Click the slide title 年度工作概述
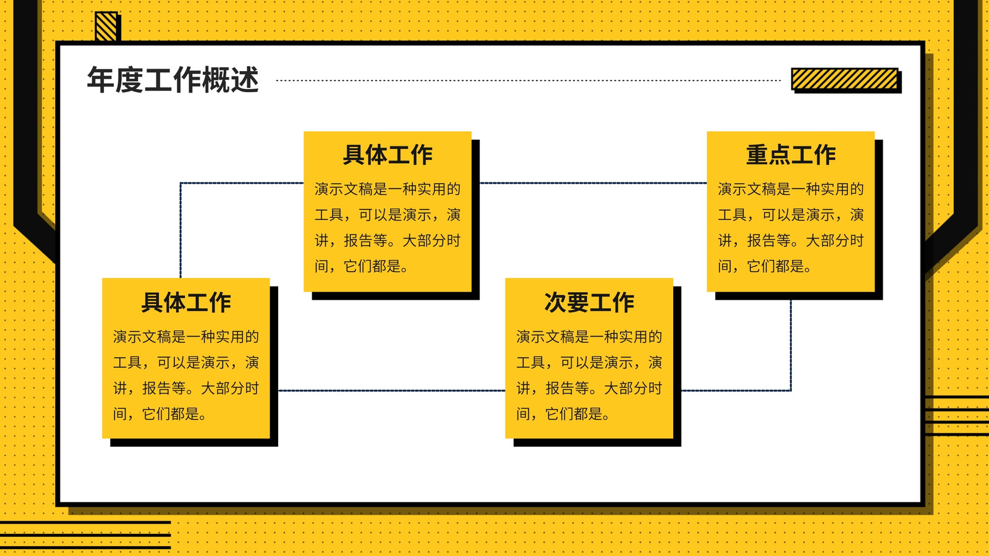click(x=172, y=80)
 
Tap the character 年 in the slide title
click(x=101, y=80)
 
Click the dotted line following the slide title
click(x=528, y=80)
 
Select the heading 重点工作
click(x=791, y=155)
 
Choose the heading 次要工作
click(x=589, y=302)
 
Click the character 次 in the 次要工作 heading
click(x=555, y=302)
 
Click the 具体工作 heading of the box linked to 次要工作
click(x=186, y=302)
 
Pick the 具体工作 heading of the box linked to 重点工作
click(x=388, y=155)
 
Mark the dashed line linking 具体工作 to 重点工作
click(x=593, y=183)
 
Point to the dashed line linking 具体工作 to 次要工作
click(x=392, y=390)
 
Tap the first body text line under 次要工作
click(x=589, y=337)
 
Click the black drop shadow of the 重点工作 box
click(x=878, y=221)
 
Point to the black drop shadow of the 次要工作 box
click(x=677, y=366)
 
